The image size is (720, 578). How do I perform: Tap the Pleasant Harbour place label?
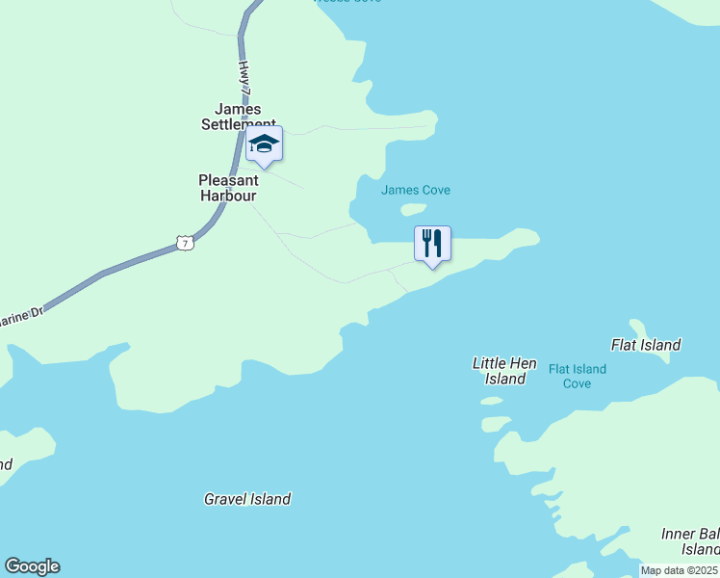click(228, 188)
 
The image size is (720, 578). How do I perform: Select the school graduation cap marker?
click(264, 144)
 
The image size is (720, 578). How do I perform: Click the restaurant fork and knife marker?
click(432, 243)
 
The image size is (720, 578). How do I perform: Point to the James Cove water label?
click(415, 190)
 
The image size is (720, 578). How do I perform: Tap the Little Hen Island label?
click(504, 371)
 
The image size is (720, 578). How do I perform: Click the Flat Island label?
click(646, 345)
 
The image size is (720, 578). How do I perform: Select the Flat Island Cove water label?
click(578, 377)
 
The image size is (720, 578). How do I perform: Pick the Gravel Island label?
click(247, 499)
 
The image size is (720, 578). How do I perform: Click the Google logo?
click(32, 566)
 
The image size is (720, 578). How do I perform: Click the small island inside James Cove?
click(413, 209)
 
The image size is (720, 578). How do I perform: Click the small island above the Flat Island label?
click(637, 327)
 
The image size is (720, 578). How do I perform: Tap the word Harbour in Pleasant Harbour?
click(228, 196)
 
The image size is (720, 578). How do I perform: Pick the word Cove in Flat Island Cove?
click(578, 383)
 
